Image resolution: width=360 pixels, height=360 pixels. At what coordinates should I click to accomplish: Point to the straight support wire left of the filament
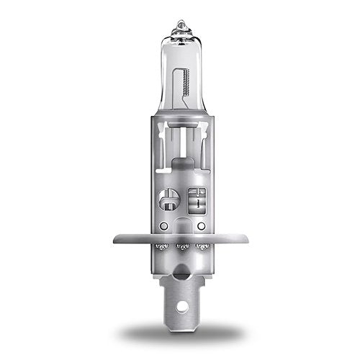[173, 94]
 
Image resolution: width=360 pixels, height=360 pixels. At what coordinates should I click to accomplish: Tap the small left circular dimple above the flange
[164, 225]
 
